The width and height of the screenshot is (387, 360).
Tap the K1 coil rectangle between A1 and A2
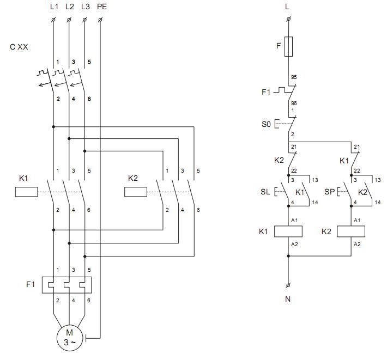click(288, 231)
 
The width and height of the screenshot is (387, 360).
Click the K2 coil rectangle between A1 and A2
click(351, 231)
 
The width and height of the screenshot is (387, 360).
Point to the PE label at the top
click(102, 7)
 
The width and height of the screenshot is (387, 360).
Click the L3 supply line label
click(86, 7)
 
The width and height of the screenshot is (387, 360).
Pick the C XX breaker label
click(19, 47)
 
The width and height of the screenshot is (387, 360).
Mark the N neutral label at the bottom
click(288, 299)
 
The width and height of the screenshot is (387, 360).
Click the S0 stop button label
click(266, 124)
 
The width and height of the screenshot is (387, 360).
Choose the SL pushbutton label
click(265, 192)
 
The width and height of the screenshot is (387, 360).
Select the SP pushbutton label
click(329, 192)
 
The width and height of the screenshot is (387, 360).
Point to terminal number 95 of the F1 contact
click(294, 77)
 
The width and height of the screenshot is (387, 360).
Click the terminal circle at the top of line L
click(288, 19)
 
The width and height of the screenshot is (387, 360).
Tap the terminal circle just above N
click(288, 285)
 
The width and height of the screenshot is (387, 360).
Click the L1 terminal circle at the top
click(53, 20)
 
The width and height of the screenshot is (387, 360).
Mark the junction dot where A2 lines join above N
click(288, 256)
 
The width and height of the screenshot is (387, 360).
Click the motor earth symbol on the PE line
click(86, 338)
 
